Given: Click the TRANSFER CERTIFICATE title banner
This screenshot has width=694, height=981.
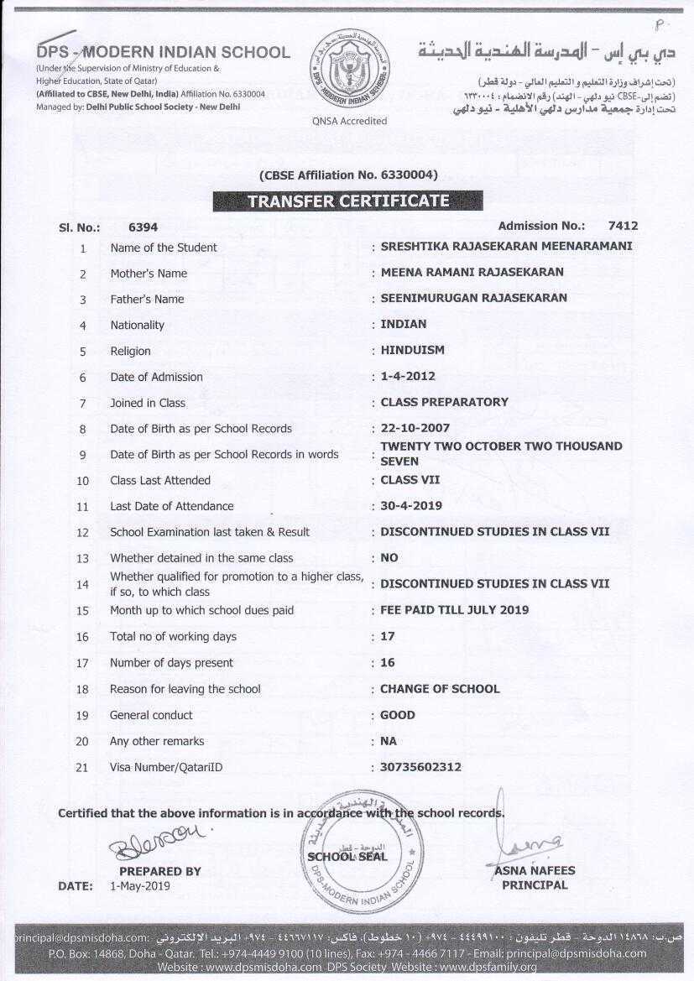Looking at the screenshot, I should (x=347, y=201).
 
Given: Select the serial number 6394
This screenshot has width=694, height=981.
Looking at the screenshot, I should (x=143, y=227).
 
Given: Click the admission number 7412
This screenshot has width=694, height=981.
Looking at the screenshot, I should (x=623, y=226).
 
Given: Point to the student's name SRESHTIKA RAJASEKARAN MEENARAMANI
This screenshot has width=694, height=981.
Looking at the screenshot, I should (x=506, y=247).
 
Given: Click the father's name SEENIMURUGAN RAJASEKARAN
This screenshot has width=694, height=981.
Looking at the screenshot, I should (x=473, y=298).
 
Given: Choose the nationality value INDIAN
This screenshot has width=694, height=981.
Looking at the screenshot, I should (x=403, y=324).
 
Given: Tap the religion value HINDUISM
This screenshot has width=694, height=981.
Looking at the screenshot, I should (x=412, y=350).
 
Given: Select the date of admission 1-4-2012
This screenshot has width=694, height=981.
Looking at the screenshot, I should (x=408, y=377).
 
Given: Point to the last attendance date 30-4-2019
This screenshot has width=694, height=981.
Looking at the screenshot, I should (x=411, y=506).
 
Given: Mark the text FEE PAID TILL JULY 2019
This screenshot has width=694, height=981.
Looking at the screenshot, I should (x=454, y=610).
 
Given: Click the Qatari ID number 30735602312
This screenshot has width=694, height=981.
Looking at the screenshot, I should (x=420, y=767).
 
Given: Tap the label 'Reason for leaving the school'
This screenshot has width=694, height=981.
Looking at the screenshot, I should (x=185, y=689).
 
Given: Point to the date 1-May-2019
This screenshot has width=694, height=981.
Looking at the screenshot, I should (x=139, y=886).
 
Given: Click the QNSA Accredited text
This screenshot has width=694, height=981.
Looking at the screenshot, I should (x=349, y=121).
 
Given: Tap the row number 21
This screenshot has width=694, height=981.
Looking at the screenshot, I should (x=82, y=767).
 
